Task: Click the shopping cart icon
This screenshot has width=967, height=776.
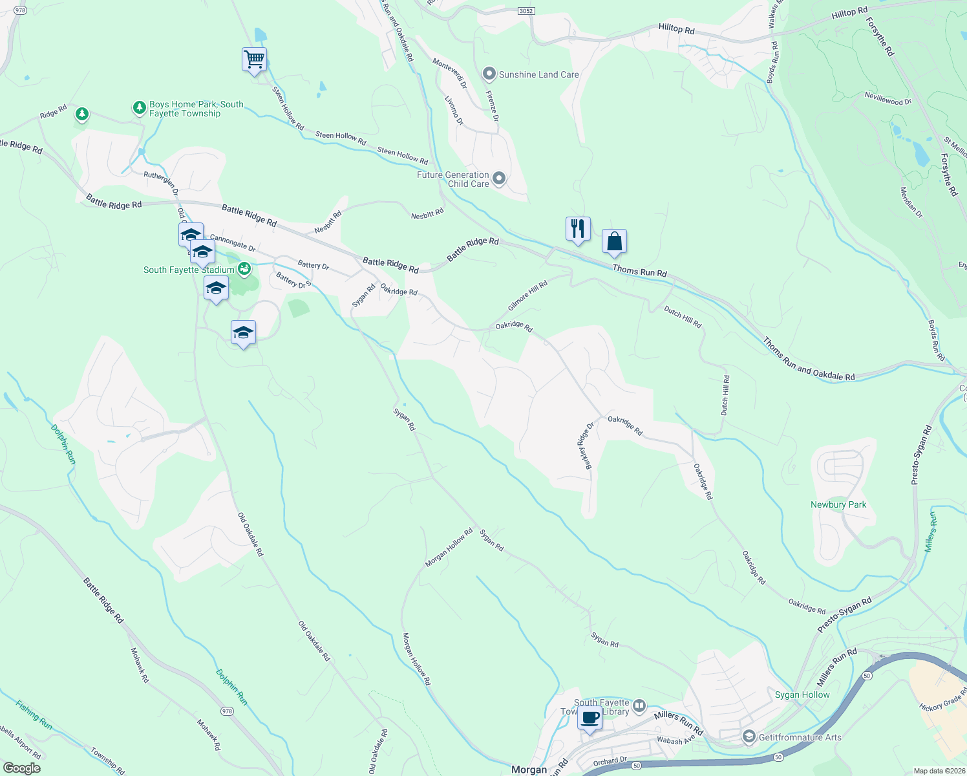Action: (254, 59)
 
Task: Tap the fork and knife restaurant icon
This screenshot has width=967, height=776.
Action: (578, 229)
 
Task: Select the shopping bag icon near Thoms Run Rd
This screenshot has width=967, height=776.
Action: (615, 242)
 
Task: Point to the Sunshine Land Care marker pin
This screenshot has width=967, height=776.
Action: (489, 74)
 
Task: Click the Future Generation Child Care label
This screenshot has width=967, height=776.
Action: (452, 179)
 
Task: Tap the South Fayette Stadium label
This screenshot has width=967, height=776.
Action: (189, 270)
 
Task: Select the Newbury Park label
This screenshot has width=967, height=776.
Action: (838, 504)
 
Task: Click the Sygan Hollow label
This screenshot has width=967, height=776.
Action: (802, 695)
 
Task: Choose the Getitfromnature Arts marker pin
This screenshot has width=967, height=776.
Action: (749, 737)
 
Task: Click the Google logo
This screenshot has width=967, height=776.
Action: (22, 768)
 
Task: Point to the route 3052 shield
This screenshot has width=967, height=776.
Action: (526, 11)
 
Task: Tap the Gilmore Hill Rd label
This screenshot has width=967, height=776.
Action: (527, 296)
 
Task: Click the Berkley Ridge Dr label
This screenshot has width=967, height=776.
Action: (585, 446)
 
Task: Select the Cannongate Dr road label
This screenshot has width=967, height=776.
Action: (233, 244)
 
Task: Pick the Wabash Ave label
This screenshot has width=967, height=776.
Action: (675, 740)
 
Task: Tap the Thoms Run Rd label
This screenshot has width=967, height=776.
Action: (639, 272)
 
